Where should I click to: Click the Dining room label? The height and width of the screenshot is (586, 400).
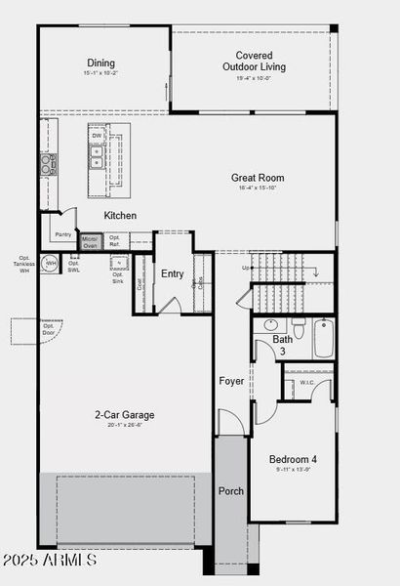click(x=102, y=63)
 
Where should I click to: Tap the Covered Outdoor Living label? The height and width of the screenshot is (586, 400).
click(x=254, y=62)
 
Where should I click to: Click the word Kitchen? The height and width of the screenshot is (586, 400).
click(x=120, y=215)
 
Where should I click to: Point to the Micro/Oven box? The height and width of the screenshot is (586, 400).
click(x=90, y=241)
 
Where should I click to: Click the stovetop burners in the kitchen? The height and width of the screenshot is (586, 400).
click(x=48, y=164)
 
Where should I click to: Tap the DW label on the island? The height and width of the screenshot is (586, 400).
click(x=97, y=135)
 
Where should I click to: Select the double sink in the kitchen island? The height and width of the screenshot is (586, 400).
click(x=97, y=158)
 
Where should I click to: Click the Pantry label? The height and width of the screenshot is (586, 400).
click(x=62, y=234)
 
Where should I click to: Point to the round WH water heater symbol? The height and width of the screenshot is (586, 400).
click(x=50, y=263)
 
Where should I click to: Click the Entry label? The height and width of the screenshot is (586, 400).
click(x=173, y=274)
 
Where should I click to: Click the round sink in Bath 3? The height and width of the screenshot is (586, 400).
click(x=271, y=325)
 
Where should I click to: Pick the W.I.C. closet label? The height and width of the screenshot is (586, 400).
click(x=307, y=383)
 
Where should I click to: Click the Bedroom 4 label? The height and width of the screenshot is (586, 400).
click(x=294, y=459)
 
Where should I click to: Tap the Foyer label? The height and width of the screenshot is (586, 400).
click(x=231, y=381)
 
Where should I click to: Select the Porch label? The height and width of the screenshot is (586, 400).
click(x=230, y=490)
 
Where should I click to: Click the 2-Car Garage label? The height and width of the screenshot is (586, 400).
click(x=125, y=415)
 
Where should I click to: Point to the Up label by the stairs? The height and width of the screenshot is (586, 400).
click(x=246, y=268)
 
